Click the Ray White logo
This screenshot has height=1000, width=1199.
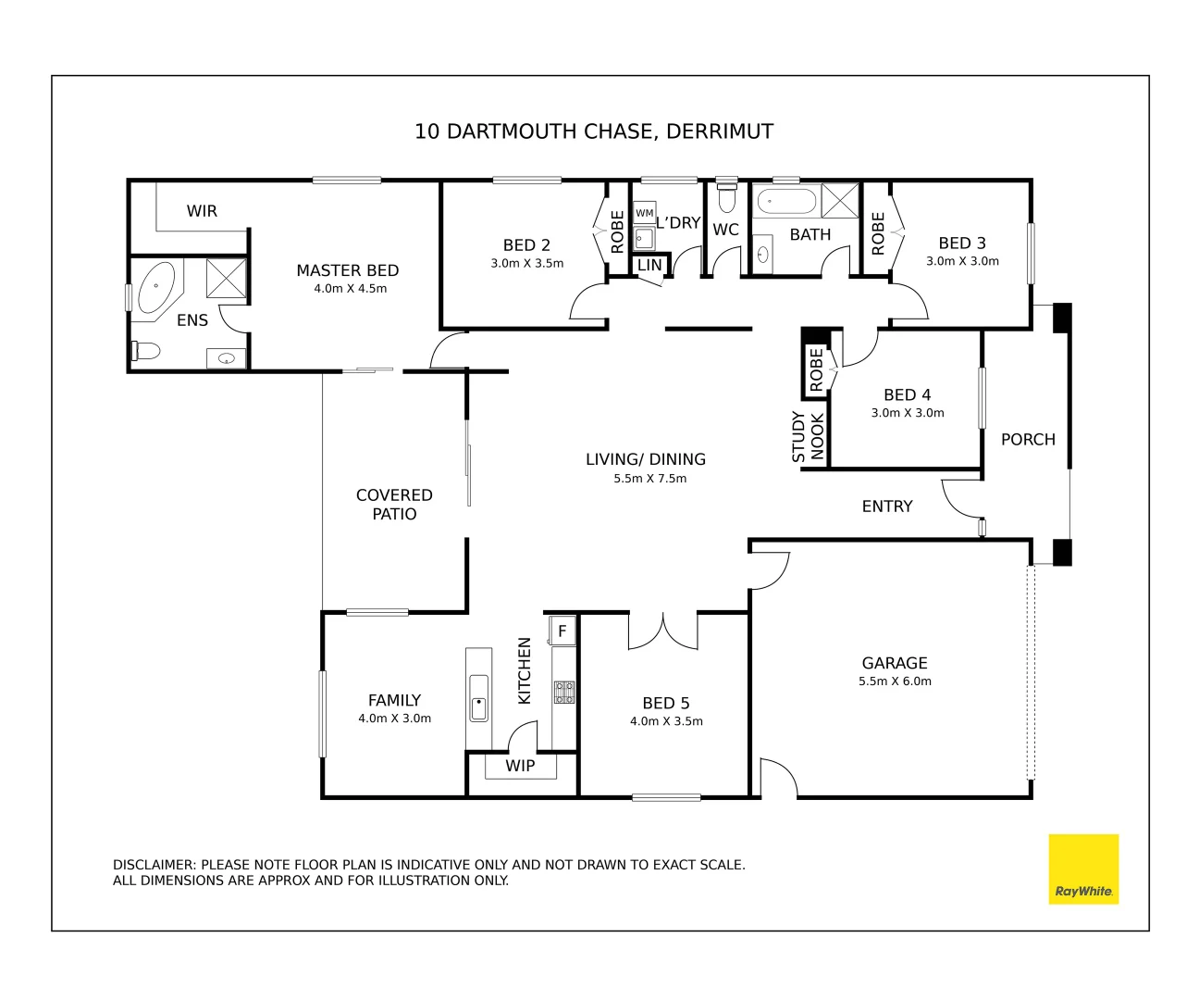click(x=1082, y=869)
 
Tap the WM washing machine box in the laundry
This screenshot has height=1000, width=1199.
click(x=644, y=213)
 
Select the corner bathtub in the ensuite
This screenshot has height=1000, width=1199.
click(x=156, y=288)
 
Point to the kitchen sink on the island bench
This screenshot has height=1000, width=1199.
click(x=478, y=697)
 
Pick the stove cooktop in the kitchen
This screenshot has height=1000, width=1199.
click(x=563, y=692)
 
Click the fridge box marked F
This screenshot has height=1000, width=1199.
click(x=562, y=631)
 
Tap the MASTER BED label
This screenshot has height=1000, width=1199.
click(x=347, y=270)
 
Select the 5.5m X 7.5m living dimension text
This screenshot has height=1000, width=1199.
click(x=649, y=479)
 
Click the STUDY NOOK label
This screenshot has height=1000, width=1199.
click(x=808, y=436)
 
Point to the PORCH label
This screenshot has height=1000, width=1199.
click(x=1027, y=440)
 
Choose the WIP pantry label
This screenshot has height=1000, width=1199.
click(x=520, y=766)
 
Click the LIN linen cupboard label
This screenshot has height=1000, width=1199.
click(x=649, y=265)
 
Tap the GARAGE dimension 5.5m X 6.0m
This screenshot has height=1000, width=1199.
click(x=894, y=681)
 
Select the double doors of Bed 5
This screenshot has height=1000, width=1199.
click(x=663, y=631)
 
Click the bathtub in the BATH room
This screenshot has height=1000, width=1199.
click(x=785, y=200)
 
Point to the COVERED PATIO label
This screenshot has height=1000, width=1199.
click(x=394, y=505)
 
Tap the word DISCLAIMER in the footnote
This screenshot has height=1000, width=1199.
click(x=154, y=865)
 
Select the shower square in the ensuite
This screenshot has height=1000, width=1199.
click(x=226, y=278)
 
